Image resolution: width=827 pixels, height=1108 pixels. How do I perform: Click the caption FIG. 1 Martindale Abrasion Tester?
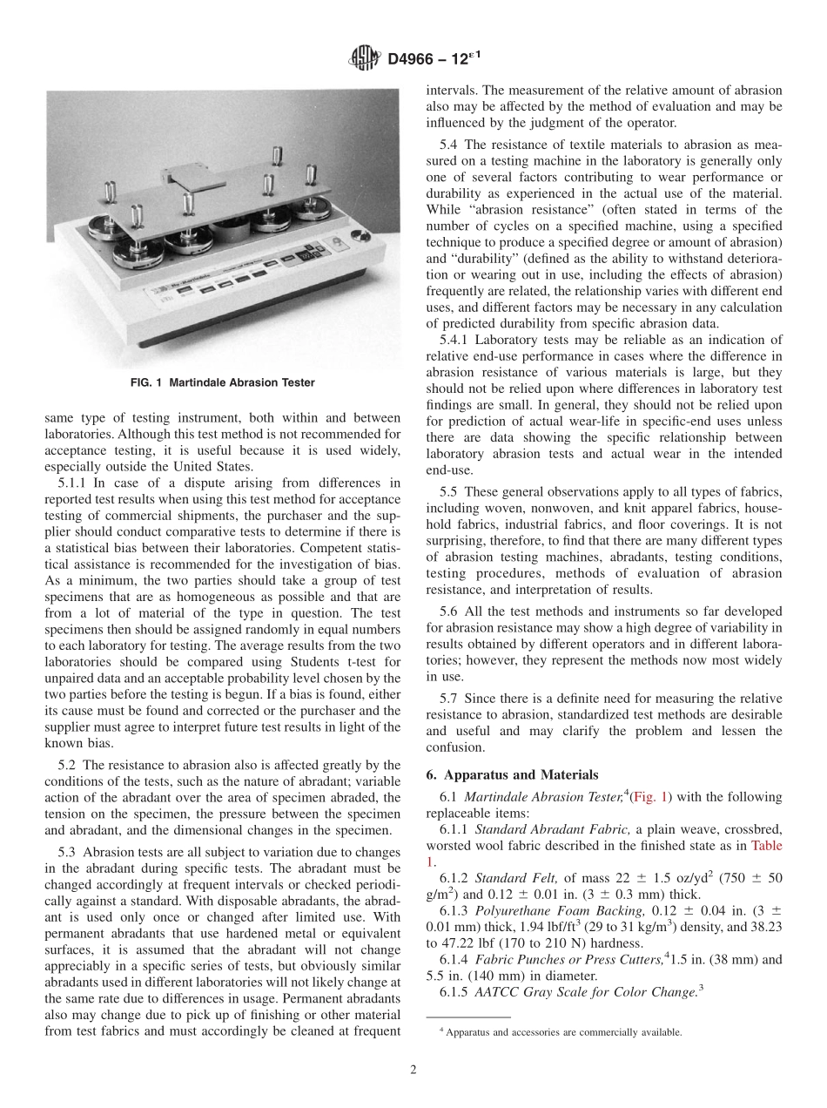(224, 383)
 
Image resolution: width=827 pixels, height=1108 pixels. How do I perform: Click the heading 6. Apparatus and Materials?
(500, 774)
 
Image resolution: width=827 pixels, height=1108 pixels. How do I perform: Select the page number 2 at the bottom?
(413, 1071)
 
